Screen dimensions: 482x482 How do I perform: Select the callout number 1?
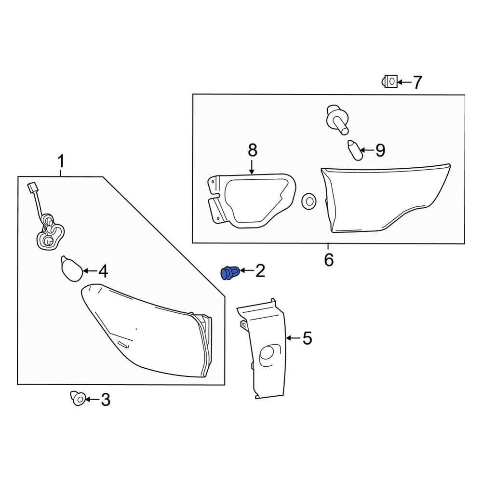click(61, 161)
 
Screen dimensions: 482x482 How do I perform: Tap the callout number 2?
click(260, 271)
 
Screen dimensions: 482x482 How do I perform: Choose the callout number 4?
click(103, 272)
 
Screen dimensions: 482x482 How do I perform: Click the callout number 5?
click(307, 338)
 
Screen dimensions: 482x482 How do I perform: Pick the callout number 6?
click(329, 260)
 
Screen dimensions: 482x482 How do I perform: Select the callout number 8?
click(252, 151)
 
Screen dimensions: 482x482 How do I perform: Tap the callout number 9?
click(380, 151)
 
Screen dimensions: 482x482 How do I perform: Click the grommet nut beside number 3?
click(78, 398)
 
